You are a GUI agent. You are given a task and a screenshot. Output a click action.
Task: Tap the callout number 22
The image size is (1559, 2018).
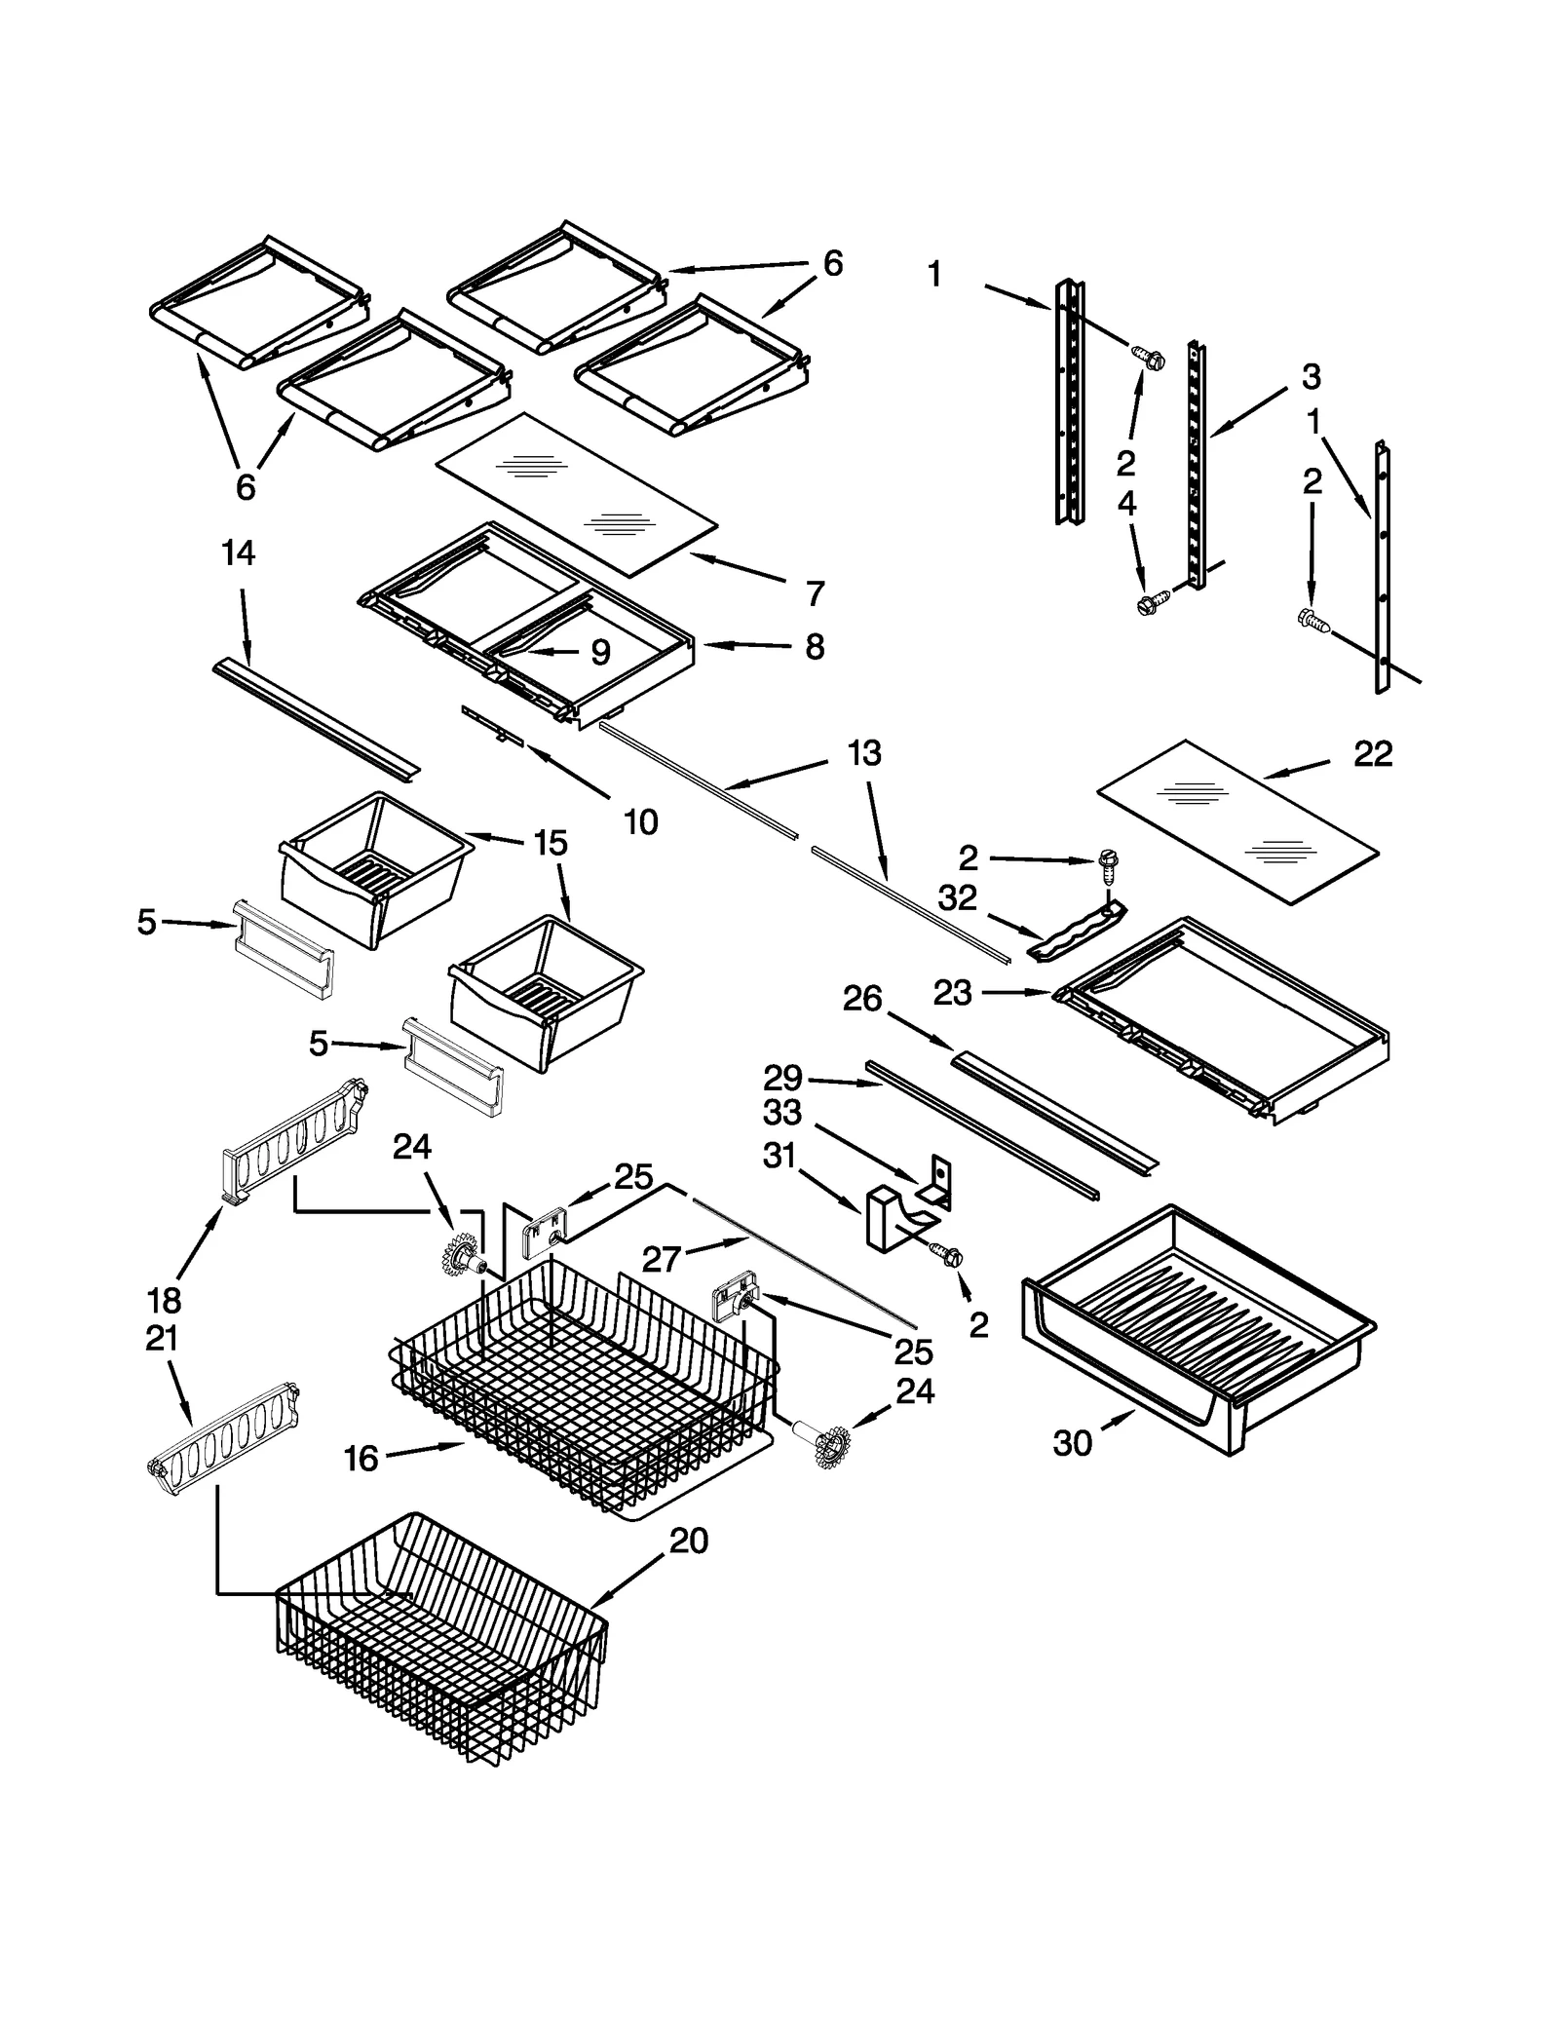point(1373,753)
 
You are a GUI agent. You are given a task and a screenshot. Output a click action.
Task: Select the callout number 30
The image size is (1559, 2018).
point(1072,1443)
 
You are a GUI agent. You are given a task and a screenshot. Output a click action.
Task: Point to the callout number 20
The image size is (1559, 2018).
point(689,1541)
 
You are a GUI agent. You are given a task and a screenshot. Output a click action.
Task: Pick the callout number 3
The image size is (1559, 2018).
point(1311,376)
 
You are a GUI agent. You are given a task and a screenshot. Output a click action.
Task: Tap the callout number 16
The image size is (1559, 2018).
point(361,1459)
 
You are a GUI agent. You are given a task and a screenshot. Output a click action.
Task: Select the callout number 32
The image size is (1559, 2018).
point(957,897)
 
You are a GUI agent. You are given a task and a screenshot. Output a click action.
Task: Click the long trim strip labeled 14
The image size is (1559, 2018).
point(317,719)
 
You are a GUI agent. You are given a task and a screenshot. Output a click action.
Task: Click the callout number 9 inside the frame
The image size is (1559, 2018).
point(600,652)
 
